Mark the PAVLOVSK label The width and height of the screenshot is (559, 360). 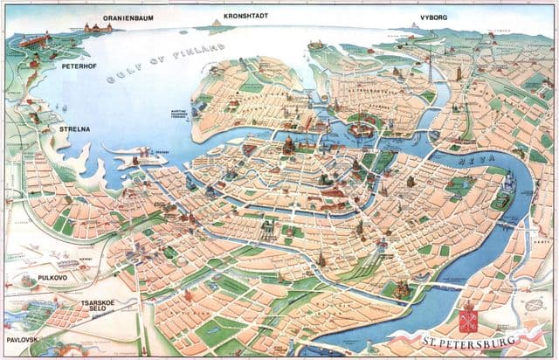(23, 337)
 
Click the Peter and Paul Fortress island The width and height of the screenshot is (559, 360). (357, 132)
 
